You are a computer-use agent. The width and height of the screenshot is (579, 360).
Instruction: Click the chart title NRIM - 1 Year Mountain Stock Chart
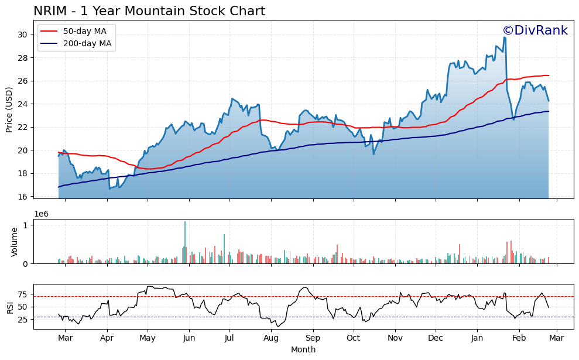[149, 11]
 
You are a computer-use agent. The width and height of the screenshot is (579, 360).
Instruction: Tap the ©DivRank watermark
[535, 30]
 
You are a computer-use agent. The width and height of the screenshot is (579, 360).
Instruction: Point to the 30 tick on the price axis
[23, 35]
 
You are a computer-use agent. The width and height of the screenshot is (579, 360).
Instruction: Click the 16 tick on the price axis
[23, 197]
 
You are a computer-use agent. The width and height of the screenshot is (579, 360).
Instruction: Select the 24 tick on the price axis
[23, 104]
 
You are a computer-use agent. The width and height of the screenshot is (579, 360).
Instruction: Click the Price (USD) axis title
[9, 109]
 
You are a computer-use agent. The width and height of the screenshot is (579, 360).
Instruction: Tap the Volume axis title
[15, 242]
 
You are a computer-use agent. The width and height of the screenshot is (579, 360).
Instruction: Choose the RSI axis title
[9, 307]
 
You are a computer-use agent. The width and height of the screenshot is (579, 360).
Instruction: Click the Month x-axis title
[303, 350]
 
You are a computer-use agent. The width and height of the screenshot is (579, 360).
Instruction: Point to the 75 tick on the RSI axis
[23, 294]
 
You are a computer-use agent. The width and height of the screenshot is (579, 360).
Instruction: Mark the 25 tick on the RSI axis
[23, 320]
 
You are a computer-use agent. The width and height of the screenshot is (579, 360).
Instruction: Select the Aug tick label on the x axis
[271, 338]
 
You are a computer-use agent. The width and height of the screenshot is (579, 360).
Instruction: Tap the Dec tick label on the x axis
[435, 338]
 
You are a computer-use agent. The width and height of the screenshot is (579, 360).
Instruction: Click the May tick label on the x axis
[148, 338]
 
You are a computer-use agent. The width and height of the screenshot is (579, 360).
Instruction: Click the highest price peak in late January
[504, 38]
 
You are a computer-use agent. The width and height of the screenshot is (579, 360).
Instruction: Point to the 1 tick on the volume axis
[26, 225]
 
